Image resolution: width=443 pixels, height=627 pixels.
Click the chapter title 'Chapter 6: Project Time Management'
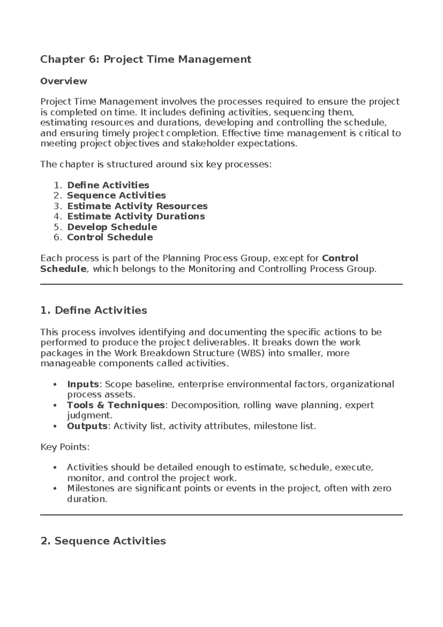[145, 59]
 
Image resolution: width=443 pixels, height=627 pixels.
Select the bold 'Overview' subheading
[63, 81]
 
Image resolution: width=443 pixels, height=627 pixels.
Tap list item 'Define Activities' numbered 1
[108, 185]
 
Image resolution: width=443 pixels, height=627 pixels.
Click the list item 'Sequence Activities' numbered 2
[116, 195]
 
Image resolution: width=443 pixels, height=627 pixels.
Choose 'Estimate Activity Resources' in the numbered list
[137, 206]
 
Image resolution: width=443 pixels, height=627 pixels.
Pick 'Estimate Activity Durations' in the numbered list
[136, 216]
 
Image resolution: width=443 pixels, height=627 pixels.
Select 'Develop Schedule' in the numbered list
[112, 227]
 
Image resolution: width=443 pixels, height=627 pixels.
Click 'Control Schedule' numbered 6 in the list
[110, 237]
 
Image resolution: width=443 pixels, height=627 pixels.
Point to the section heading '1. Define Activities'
[93, 310]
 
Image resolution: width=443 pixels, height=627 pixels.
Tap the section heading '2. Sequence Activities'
[103, 541]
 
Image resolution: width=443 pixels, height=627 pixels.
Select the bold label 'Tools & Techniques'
[116, 405]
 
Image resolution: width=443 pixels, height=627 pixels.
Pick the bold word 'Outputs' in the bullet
[87, 426]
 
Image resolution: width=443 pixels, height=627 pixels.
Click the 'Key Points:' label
[65, 447]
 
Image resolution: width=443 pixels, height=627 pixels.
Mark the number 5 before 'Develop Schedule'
[57, 227]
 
